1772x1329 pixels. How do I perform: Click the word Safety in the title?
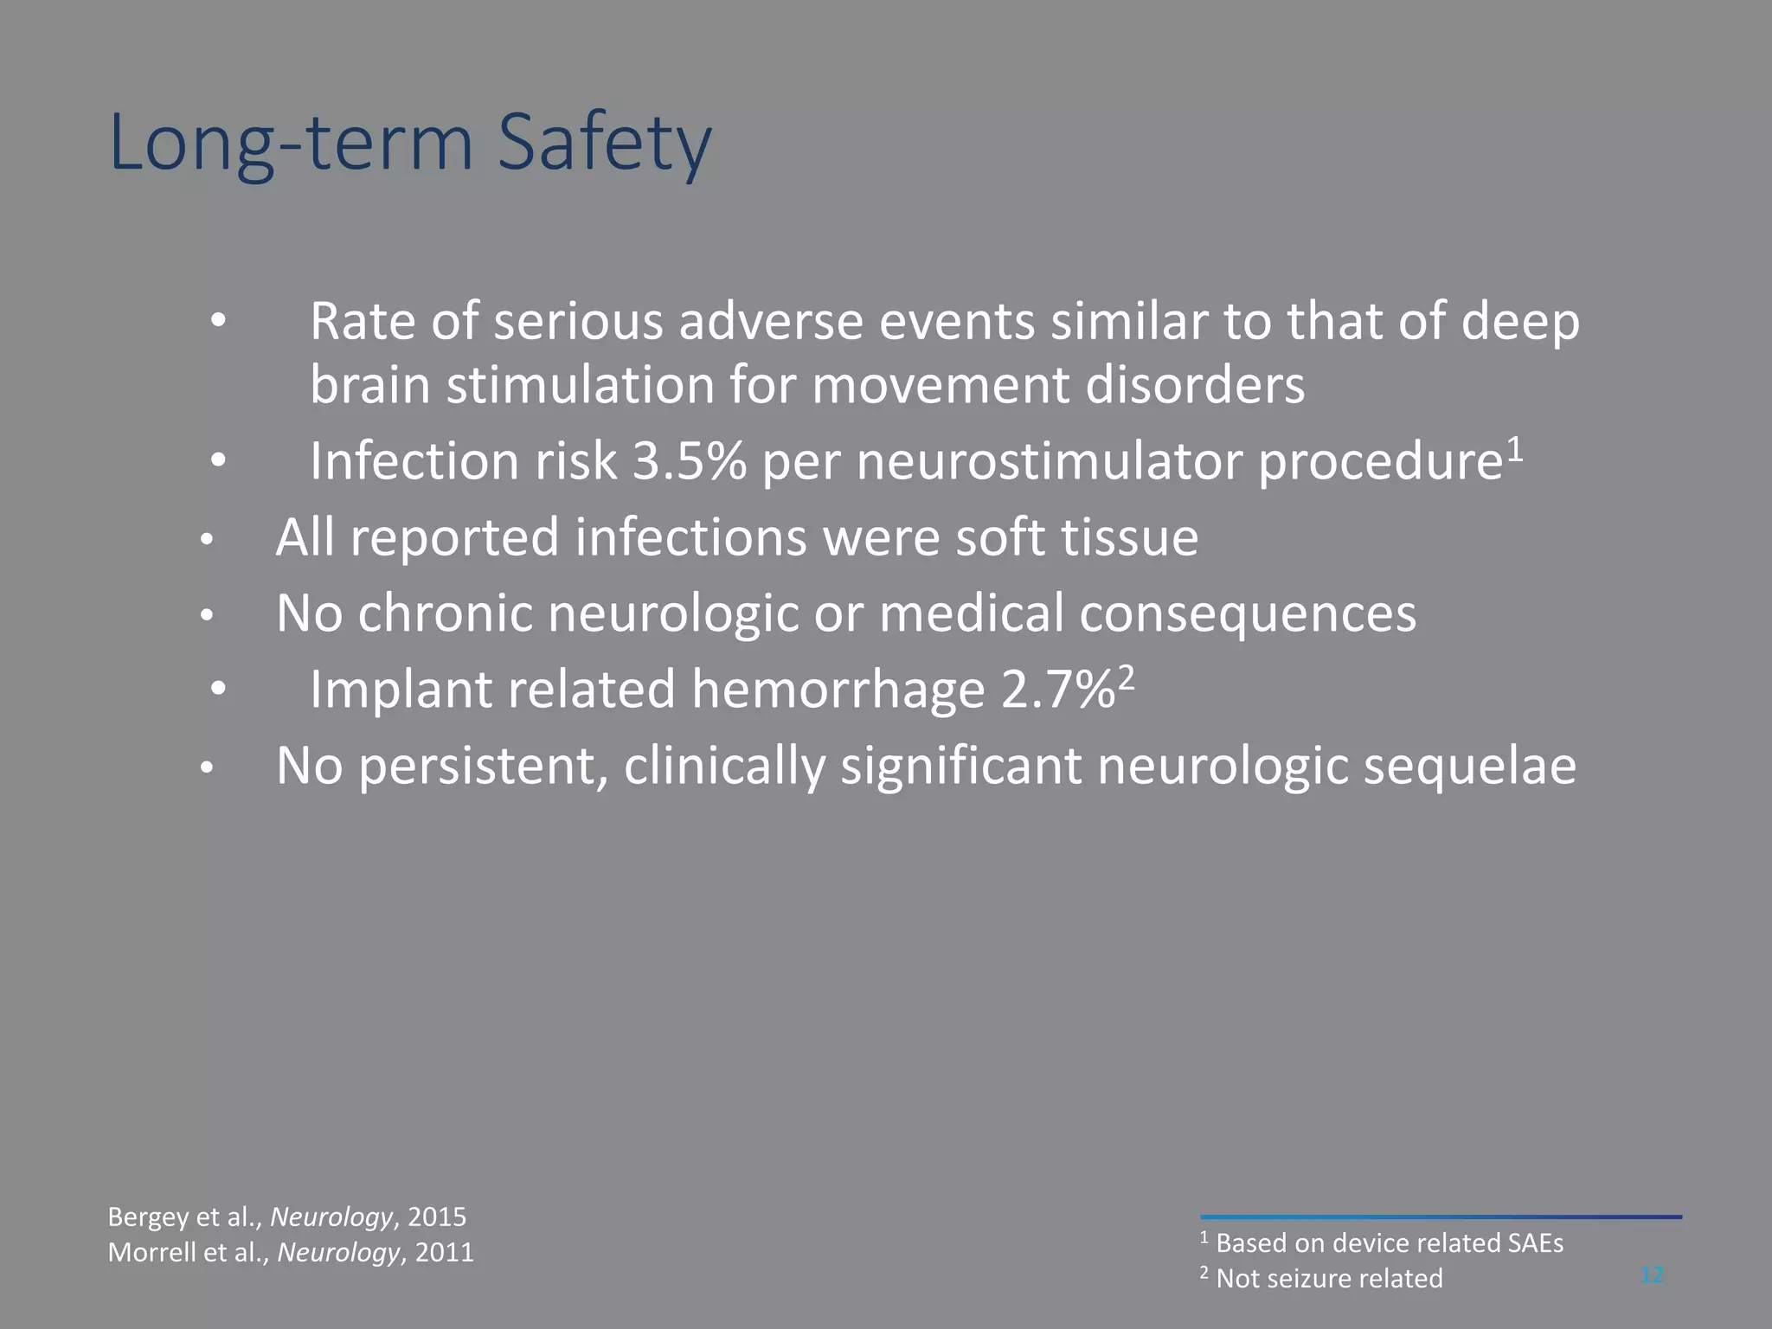[604, 143]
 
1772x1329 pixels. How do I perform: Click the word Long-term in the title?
[292, 143]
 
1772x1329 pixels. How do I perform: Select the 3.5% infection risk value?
[690, 461]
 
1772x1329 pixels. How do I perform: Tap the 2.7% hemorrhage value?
[1057, 690]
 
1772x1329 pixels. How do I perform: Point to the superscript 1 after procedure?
[1513, 447]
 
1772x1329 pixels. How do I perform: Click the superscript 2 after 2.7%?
[1126, 677]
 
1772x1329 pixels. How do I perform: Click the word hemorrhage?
[838, 690]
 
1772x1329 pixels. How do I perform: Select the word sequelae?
[1469, 767]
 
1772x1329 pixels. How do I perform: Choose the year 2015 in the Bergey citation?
[437, 1217]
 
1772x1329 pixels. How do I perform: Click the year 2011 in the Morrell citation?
[444, 1252]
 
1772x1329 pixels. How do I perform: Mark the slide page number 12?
[1652, 1274]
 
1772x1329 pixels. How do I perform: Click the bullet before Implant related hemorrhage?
[218, 690]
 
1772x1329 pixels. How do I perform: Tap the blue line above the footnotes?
[1441, 1217]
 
